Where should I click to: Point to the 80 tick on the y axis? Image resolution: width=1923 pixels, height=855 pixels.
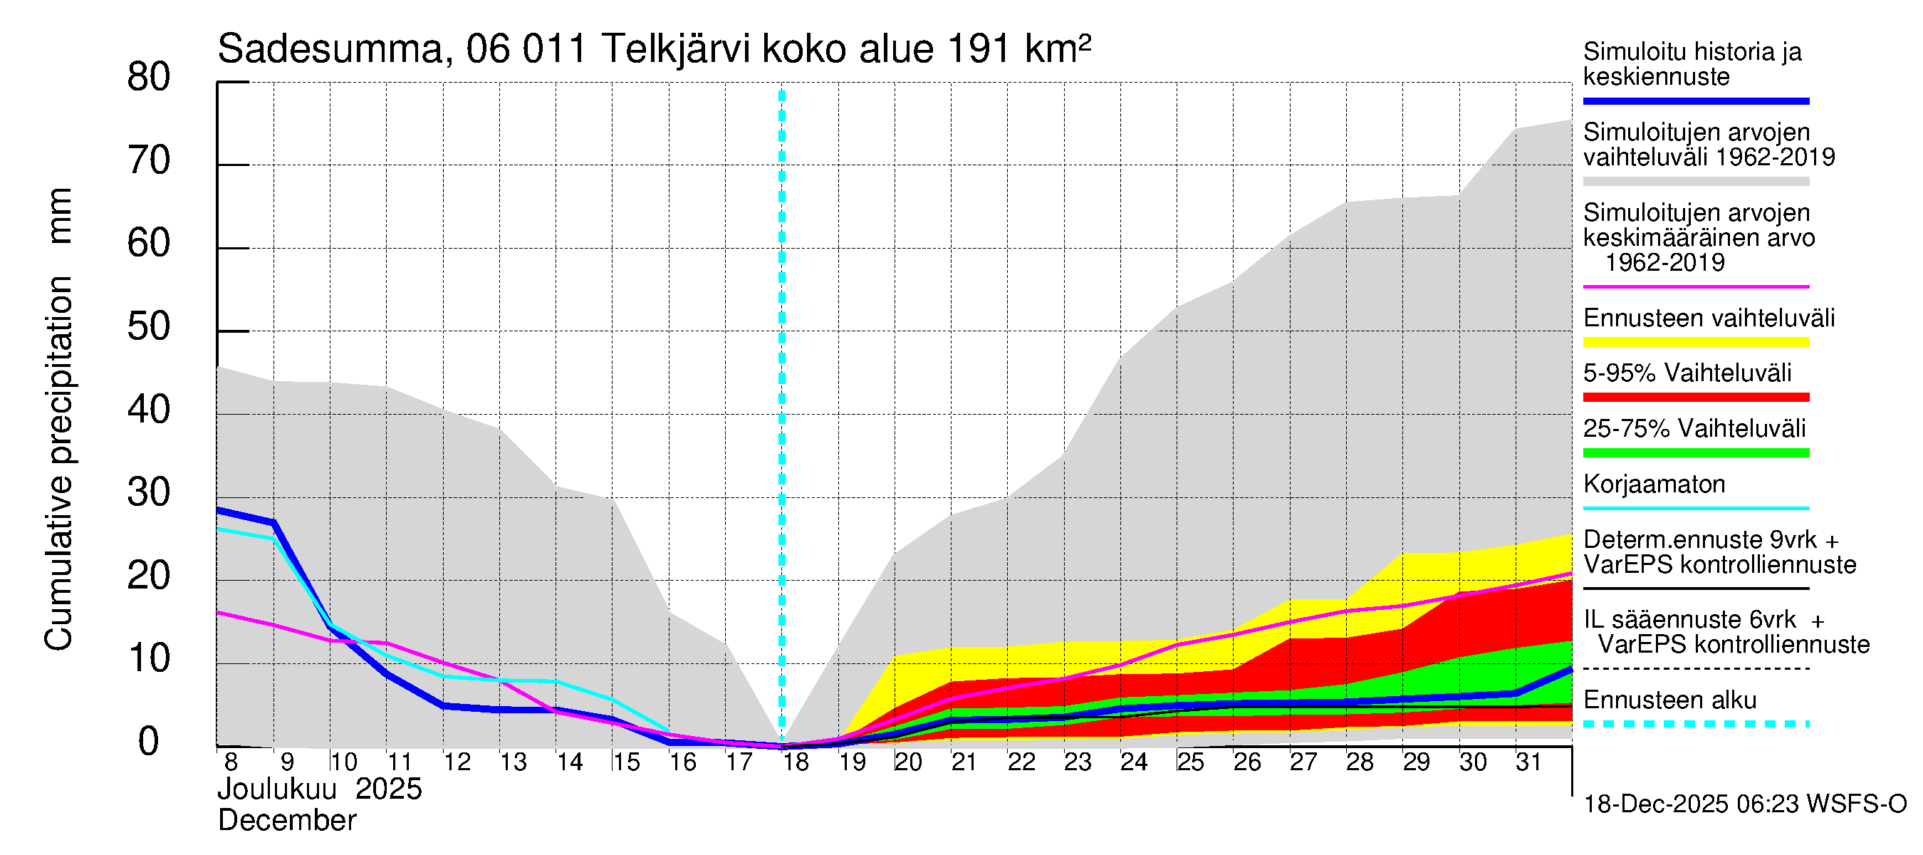click(149, 78)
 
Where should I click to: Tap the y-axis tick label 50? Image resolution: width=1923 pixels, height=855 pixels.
click(149, 327)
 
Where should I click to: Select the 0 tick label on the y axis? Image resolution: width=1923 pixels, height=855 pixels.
click(149, 742)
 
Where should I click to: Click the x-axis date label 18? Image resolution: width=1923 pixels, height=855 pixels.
click(796, 762)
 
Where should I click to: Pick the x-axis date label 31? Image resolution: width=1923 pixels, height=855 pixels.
click(1528, 762)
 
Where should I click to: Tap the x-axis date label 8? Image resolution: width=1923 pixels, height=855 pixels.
click(231, 762)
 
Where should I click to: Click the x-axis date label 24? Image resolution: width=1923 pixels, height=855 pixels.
click(1134, 762)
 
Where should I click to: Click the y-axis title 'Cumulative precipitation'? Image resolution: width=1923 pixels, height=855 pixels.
click(58, 463)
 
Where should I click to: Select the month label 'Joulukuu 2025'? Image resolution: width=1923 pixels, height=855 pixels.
click(320, 789)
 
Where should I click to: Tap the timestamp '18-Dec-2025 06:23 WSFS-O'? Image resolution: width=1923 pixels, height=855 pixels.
click(1744, 804)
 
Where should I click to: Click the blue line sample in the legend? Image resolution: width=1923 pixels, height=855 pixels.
click(1696, 100)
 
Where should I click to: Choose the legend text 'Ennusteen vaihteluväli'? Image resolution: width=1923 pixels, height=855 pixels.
click(1709, 318)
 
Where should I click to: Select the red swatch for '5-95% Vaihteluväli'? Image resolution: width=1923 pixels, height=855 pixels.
click(1696, 398)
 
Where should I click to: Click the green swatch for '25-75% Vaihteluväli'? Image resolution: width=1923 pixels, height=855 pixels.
click(1696, 452)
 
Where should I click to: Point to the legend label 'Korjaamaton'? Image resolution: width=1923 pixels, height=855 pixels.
click(1654, 484)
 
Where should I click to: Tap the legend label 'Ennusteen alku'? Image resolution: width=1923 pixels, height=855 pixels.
click(1670, 700)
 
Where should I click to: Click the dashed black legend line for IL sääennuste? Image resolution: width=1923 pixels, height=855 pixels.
click(1696, 669)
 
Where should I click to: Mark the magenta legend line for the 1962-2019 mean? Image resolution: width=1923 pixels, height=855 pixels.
click(1696, 286)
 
